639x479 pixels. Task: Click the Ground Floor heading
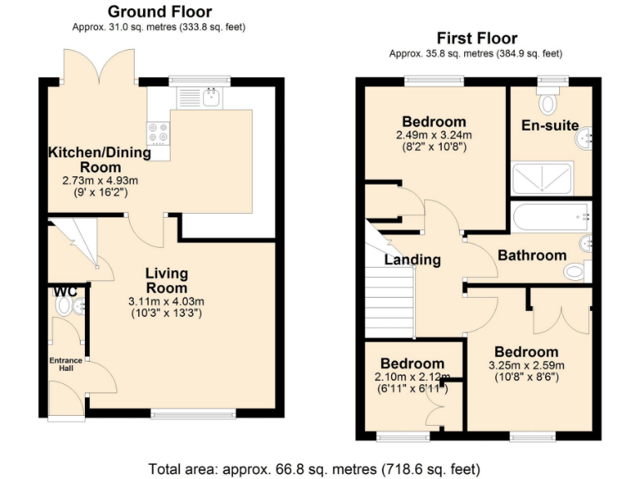(x=159, y=12)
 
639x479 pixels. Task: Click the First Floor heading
(x=477, y=38)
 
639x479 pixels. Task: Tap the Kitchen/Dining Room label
(x=99, y=159)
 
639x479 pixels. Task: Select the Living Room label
(x=166, y=280)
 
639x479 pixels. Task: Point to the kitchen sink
(x=211, y=97)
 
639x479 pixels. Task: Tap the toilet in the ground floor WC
(x=64, y=306)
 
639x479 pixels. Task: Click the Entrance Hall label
(x=65, y=363)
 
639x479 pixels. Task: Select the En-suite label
(x=550, y=126)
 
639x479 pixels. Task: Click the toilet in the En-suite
(x=547, y=102)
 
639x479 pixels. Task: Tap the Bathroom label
(x=532, y=255)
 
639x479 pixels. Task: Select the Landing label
(x=412, y=259)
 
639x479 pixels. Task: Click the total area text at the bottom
(x=314, y=468)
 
